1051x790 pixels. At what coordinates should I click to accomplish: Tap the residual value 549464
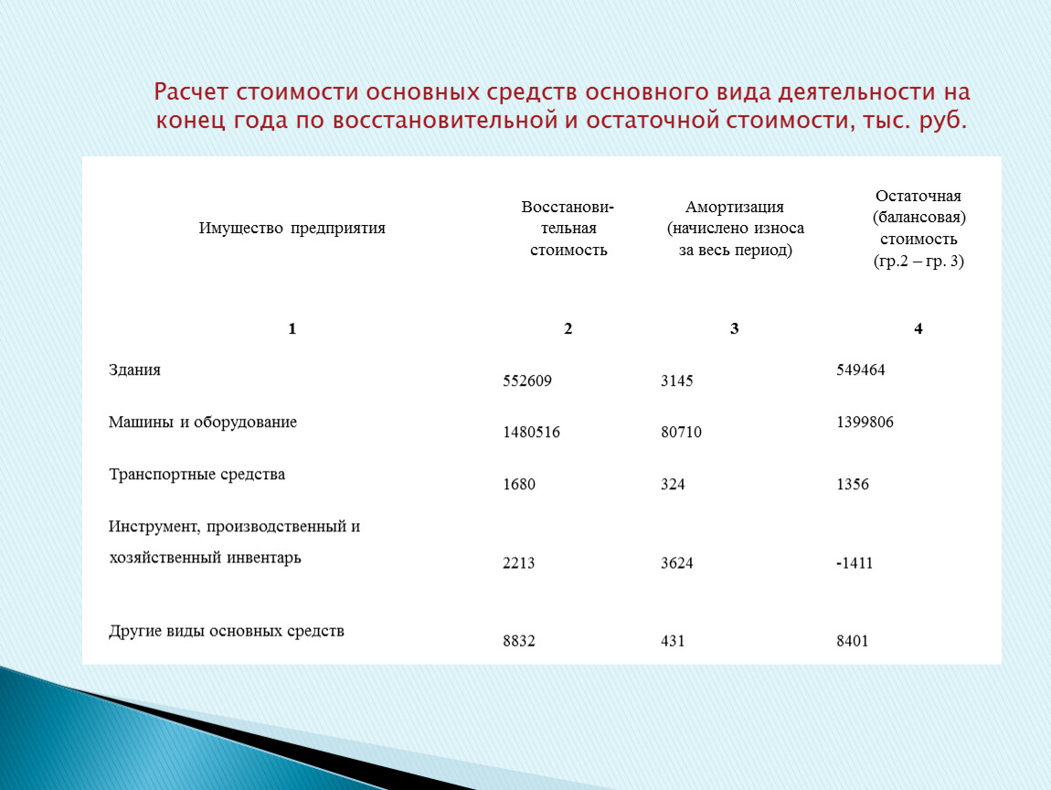click(861, 369)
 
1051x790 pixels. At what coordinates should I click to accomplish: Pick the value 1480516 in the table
click(531, 432)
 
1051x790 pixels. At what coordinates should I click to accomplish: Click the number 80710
click(681, 432)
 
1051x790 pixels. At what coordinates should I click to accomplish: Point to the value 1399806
click(865, 422)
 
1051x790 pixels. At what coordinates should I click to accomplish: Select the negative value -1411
click(855, 563)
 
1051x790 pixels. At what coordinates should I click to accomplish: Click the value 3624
click(676, 563)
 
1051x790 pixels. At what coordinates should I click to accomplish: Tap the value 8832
click(518, 642)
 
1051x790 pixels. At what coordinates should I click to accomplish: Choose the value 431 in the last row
click(673, 642)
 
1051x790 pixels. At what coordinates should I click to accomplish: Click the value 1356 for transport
click(852, 485)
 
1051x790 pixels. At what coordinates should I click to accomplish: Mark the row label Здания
click(134, 370)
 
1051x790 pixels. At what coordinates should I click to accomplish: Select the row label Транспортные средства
click(196, 475)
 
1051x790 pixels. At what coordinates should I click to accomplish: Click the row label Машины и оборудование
click(202, 422)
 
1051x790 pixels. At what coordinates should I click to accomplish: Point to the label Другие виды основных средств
click(226, 631)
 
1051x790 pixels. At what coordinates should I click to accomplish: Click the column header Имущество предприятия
click(292, 229)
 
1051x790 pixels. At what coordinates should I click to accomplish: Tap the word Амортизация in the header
click(735, 208)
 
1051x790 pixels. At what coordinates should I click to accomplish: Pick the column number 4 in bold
click(918, 329)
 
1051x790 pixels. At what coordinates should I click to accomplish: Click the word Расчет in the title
click(191, 93)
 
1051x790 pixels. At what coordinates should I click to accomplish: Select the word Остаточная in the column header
click(918, 197)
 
